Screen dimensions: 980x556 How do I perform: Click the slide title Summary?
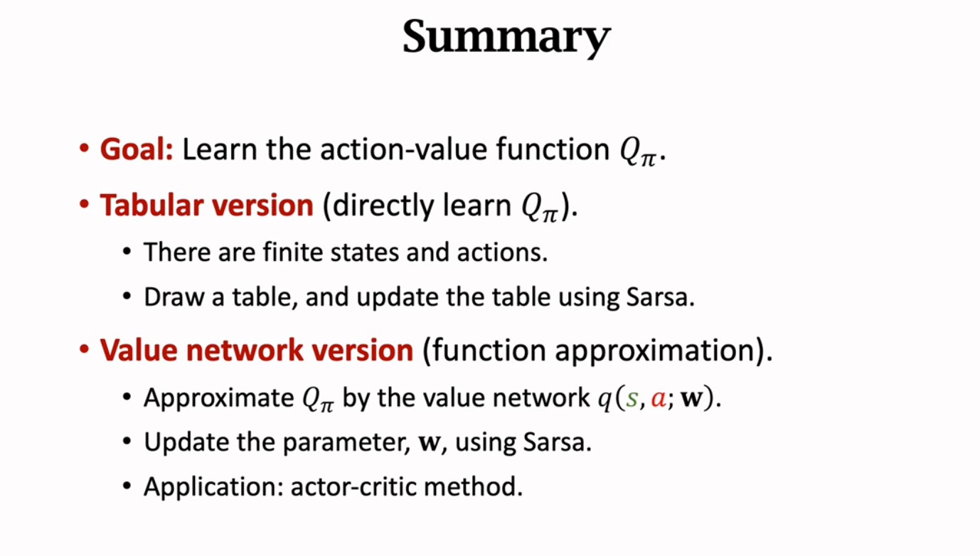[506, 37]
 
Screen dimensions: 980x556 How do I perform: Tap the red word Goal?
[137, 149]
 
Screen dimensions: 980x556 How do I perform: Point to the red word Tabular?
[151, 205]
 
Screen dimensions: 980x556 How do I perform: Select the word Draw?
[174, 297]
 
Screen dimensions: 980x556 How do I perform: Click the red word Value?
[138, 350]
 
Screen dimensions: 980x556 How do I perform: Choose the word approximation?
[656, 351]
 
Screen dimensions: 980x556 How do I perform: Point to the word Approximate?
[219, 398]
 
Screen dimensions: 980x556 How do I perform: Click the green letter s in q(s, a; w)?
[632, 399]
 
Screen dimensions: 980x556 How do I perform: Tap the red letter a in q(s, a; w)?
[659, 399]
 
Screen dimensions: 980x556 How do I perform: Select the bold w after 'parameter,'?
[429, 443]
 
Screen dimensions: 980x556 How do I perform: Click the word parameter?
[344, 443]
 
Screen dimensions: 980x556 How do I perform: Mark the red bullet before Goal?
[85, 149]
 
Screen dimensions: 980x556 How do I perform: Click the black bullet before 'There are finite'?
[127, 252]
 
